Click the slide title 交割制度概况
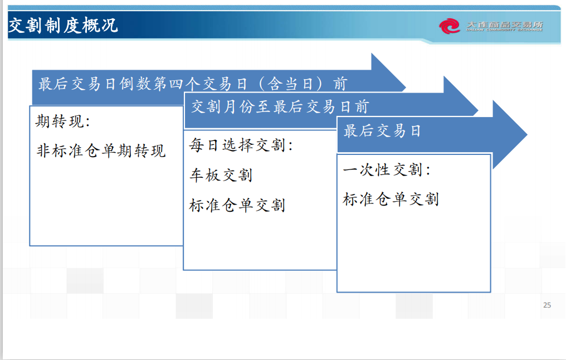point(63,26)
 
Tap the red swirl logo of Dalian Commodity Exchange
point(450,26)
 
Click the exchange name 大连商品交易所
point(504,26)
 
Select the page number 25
point(547,305)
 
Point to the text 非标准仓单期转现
point(101,150)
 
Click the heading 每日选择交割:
point(241,145)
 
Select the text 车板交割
point(221,175)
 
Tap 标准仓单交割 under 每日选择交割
point(237,205)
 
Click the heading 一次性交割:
point(387,169)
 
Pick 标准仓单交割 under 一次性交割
point(391,199)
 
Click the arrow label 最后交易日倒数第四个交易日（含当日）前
point(193,84)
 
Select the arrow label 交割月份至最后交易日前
point(280,107)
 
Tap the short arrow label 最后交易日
point(382,131)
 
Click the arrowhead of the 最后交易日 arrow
point(510,135)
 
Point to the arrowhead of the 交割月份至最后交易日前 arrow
point(461,96)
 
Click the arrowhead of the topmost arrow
point(388,72)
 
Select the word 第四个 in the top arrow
point(177,84)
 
